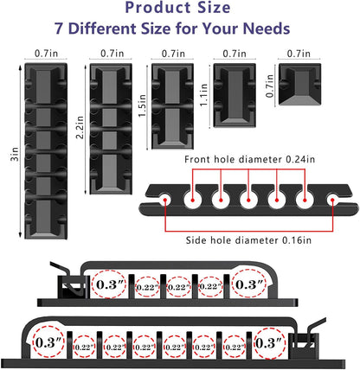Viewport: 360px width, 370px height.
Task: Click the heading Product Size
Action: pos(181,9)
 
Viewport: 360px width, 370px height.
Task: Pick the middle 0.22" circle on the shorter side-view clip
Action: pos(178,286)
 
